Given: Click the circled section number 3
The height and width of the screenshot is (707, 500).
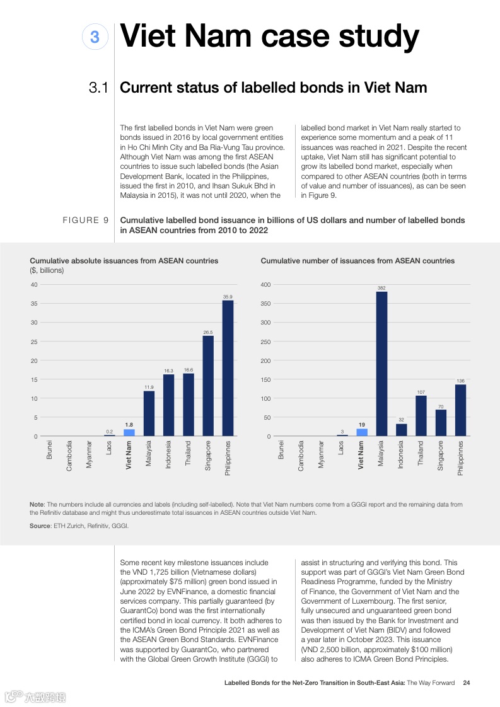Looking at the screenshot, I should [95, 38].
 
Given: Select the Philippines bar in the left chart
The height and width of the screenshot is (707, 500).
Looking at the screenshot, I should [228, 368].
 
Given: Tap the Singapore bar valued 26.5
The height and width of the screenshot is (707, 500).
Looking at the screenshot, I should [208, 386].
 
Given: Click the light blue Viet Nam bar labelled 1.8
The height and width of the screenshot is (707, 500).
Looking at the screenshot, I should [129, 432].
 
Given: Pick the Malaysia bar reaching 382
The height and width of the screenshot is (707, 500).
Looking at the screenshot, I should [381, 364].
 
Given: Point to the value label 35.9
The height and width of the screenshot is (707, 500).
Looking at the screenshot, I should [228, 296].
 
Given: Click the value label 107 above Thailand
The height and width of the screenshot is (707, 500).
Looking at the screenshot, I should [421, 392].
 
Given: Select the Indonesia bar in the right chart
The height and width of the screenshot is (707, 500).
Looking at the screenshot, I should [401, 430].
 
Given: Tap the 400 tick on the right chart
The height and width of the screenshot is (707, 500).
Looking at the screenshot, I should [265, 285].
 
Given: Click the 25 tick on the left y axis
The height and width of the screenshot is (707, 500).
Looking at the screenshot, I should [34, 342].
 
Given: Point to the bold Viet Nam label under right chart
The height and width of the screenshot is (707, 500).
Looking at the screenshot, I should [361, 454].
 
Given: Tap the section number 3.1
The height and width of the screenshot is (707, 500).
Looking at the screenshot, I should [100, 88].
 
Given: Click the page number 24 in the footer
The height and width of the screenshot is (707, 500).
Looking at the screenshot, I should [466, 682].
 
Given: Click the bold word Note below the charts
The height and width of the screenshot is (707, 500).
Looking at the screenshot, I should [37, 505].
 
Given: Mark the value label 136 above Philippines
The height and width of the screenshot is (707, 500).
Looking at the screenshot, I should [460, 381].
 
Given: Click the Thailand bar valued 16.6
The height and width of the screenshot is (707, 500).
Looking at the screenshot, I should [189, 405].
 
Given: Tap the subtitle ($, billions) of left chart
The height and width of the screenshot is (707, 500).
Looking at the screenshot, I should [47, 270].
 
